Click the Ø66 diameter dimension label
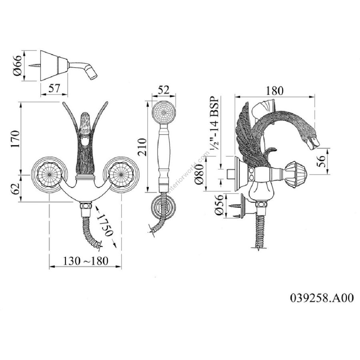tap(17, 66)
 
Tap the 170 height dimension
tap(15, 138)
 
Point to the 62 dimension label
tap(15, 188)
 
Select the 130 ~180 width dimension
tap(86, 261)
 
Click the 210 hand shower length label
tap(141, 146)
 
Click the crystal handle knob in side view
tap(296, 173)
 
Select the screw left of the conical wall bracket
tap(34, 66)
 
